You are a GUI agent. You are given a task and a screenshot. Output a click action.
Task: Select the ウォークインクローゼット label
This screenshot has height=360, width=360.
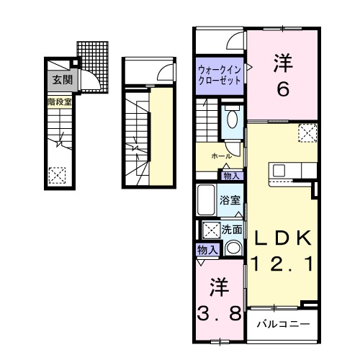click(x=220, y=75)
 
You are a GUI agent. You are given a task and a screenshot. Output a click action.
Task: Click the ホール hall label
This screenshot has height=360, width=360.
click(x=220, y=156)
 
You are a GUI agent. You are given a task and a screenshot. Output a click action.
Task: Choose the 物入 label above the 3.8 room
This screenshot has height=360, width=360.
click(x=207, y=249)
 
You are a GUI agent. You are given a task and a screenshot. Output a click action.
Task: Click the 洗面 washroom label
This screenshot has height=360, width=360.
click(x=232, y=230)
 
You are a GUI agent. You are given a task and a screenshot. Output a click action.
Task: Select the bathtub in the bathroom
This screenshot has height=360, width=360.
click(x=207, y=199)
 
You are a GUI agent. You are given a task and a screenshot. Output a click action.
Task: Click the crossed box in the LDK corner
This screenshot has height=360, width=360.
click(x=307, y=132)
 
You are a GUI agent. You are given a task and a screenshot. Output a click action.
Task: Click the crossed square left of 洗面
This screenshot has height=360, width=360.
click(x=212, y=231)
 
